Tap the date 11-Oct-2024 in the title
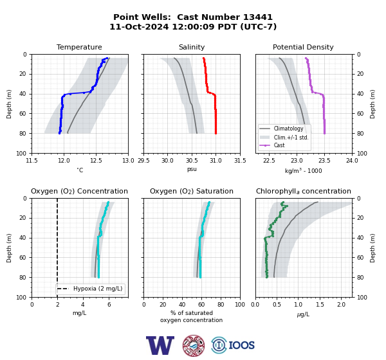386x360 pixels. pyautogui.click(x=139, y=26)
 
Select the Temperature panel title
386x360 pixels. pyautogui.click(x=79, y=47)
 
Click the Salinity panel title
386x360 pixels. pyautogui.click(x=192, y=47)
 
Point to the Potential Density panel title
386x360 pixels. pyautogui.click(x=303, y=47)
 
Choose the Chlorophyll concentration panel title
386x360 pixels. pyautogui.click(x=304, y=191)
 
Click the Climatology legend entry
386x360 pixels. pyautogui.click(x=288, y=129)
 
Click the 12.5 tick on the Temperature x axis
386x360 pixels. pyautogui.click(x=96, y=161)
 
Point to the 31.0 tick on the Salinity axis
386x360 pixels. pyautogui.click(x=216, y=161)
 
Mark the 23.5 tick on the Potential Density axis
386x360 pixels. pyautogui.click(x=324, y=161)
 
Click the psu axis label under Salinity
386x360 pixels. pyautogui.click(x=192, y=170)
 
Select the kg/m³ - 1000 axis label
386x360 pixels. pyautogui.click(x=303, y=170)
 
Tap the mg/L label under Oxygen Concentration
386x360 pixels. pyautogui.click(x=80, y=313)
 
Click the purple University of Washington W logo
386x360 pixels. pyautogui.click(x=160, y=345)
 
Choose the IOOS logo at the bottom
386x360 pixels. pyautogui.click(x=233, y=345)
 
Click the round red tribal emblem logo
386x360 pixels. pyautogui.click(x=194, y=345)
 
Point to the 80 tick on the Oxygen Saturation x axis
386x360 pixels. pyautogui.click(x=221, y=305)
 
